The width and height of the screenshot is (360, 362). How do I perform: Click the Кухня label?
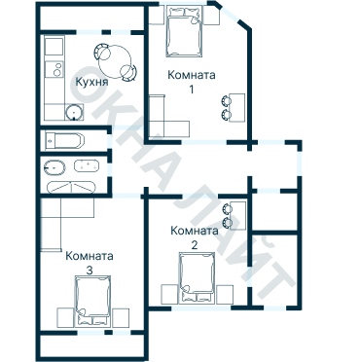pos(91,82)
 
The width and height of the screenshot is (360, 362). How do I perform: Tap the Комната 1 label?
pos(192,82)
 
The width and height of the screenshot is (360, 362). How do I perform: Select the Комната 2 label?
pos(195,237)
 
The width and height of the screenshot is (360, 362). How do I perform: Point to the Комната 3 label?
pos(90,263)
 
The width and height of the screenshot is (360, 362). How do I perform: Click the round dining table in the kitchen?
pos(115,60)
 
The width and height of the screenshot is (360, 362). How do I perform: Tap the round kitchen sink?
pos(74,112)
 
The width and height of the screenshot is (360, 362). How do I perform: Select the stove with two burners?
pos(54,69)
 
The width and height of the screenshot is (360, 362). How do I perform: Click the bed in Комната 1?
pos(184,31)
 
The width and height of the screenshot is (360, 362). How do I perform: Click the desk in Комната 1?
pos(237,108)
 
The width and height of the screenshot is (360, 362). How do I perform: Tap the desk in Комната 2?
pos(238,215)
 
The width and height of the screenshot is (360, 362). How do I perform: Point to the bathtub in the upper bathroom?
pos(65,141)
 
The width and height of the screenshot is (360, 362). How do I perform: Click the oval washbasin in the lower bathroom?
pos(54,168)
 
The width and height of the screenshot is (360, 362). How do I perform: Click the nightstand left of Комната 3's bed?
pos(65,317)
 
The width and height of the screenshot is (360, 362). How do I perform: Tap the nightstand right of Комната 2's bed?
pos(225,294)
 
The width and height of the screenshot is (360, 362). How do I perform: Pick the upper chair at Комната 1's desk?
pos(226,101)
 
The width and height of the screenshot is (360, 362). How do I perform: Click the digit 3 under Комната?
pos(90,271)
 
